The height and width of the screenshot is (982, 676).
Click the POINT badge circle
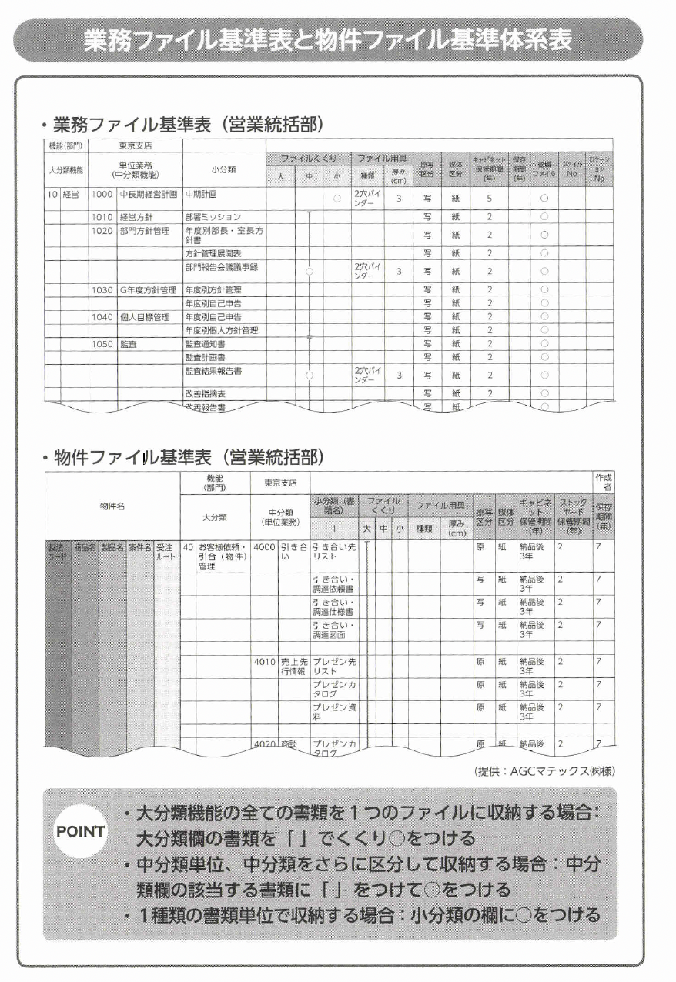point(80,831)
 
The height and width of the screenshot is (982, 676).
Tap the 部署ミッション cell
point(213,217)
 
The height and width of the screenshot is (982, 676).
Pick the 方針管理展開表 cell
point(213,252)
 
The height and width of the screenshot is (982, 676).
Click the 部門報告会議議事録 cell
point(221,266)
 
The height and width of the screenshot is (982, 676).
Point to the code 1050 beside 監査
point(102,344)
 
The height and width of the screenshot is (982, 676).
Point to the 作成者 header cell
point(604,482)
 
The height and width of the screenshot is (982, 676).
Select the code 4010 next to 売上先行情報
point(264,661)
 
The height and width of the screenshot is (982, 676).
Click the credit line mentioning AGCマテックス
point(545,770)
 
